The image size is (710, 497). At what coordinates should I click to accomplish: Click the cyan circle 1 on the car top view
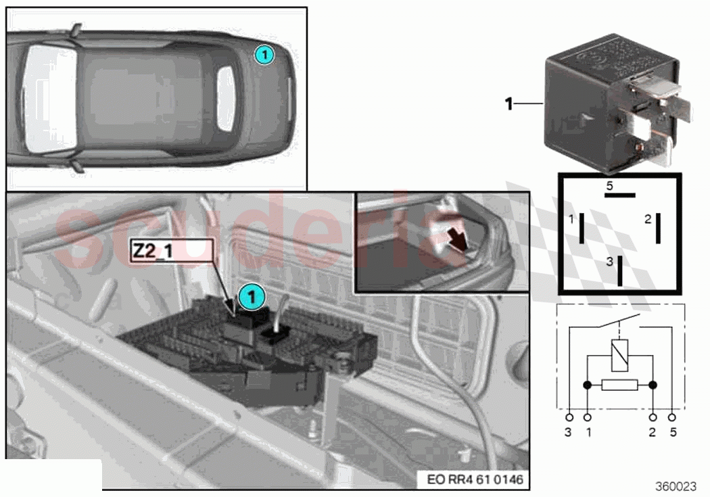coord(264,54)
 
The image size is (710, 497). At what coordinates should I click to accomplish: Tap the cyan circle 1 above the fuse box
coord(250,295)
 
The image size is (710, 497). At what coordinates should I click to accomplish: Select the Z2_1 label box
coord(172,250)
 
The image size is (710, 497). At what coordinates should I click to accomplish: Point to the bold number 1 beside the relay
coord(508,103)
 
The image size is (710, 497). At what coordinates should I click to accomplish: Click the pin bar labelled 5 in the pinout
coord(619,193)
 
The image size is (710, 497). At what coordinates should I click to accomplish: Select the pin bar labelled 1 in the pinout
coord(582,227)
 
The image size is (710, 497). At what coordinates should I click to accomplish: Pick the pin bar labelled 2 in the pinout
coord(657,227)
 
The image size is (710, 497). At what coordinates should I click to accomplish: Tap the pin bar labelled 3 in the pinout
coord(619,270)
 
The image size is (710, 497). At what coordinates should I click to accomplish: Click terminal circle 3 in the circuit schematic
coord(569,417)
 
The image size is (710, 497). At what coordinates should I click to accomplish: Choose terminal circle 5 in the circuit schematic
coord(672,417)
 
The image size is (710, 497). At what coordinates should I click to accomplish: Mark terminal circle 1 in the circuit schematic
coord(587,417)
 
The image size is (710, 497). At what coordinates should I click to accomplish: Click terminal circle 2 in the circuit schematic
coord(653,417)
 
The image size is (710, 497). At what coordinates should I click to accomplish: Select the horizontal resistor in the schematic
coord(619,385)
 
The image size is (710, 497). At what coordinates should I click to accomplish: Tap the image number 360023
coord(676,486)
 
